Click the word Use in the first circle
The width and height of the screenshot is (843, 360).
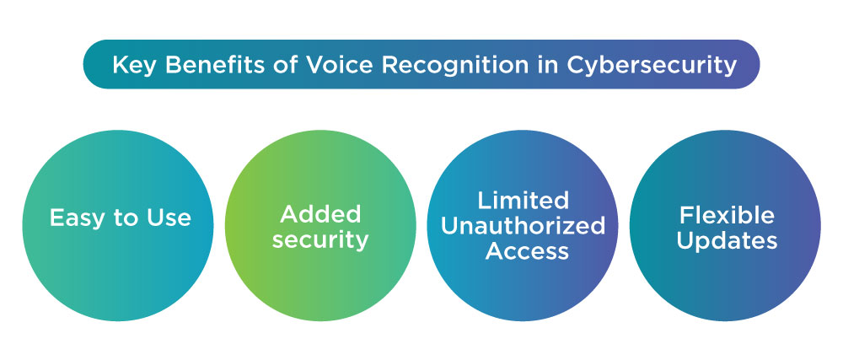click(169, 218)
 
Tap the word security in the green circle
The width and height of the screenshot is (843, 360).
click(320, 239)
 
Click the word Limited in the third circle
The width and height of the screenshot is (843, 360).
click(523, 200)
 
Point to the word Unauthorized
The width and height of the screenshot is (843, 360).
click(523, 225)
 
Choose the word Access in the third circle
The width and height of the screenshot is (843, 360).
click(523, 250)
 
